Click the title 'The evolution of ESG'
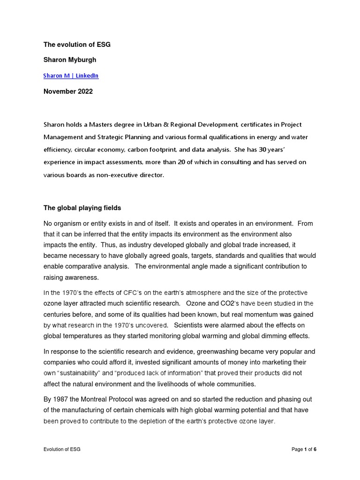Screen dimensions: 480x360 click(77, 45)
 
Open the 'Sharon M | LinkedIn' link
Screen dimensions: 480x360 click(71, 75)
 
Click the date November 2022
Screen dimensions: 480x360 click(68, 91)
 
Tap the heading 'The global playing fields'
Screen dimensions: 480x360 click(82, 208)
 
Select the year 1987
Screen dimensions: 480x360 click(62, 399)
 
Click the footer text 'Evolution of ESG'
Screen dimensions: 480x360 click(62, 449)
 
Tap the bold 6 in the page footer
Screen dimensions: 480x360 click(315, 449)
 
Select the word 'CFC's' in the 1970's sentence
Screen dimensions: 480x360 click(132, 293)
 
